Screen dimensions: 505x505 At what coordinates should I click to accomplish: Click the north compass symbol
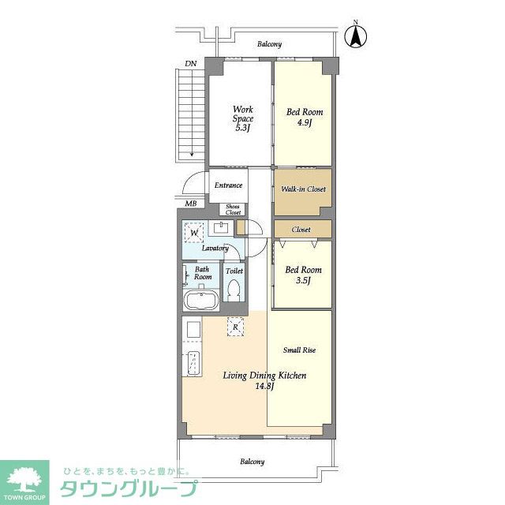tap(356, 36)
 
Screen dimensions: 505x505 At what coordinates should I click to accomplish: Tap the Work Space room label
tap(243, 118)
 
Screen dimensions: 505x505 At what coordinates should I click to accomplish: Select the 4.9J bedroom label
tap(305, 118)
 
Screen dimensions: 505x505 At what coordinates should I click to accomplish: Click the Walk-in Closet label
tap(303, 189)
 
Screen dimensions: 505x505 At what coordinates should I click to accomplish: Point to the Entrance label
tap(228, 185)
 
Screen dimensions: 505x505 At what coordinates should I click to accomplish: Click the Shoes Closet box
tap(233, 209)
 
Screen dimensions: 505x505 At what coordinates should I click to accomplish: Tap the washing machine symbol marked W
tap(194, 232)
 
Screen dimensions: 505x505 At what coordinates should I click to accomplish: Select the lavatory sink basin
tap(221, 227)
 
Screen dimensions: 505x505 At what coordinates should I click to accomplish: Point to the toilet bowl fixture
tap(234, 290)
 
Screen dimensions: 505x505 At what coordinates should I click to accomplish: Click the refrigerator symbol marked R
tap(235, 327)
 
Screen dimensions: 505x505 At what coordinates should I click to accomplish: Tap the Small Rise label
tap(299, 350)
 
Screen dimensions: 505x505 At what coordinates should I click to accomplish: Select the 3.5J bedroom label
tap(303, 275)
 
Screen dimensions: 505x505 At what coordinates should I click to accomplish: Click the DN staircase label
tap(190, 64)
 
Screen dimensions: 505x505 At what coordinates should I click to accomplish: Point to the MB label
tap(191, 204)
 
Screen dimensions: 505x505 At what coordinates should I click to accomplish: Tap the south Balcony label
tap(252, 462)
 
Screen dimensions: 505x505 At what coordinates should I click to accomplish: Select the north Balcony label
tap(269, 44)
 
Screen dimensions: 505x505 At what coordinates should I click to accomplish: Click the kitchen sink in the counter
tap(193, 363)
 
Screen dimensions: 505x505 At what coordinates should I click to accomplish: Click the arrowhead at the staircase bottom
tap(192, 155)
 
